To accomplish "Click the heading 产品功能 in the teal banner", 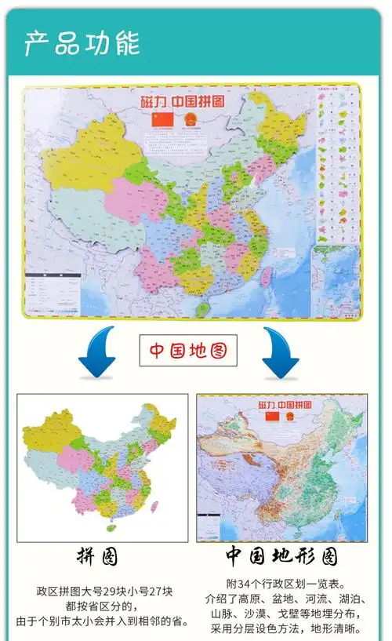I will tap(82, 43).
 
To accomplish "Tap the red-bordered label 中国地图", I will tap(188, 350).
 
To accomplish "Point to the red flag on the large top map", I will tap(161, 120).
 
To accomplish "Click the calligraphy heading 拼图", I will tap(97, 557).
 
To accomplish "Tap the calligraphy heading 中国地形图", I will tap(281, 557).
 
